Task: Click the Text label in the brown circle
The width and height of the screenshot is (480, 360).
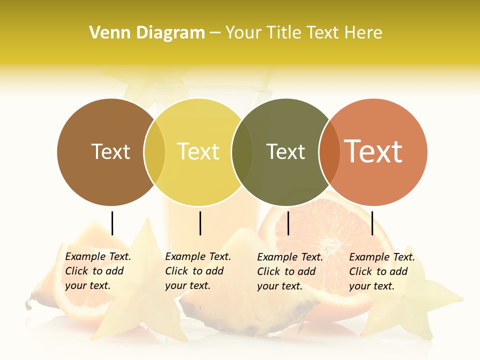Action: click(x=110, y=151)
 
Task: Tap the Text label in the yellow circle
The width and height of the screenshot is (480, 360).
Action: click(x=198, y=151)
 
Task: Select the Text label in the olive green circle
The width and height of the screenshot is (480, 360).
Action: click(x=285, y=151)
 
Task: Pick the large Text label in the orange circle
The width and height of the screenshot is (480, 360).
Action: click(x=373, y=151)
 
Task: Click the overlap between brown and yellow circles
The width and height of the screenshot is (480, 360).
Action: click(x=154, y=152)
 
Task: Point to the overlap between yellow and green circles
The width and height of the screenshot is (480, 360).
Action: click(x=242, y=152)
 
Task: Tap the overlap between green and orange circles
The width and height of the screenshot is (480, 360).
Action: click(x=329, y=152)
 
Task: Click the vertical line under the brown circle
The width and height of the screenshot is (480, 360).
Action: click(x=112, y=223)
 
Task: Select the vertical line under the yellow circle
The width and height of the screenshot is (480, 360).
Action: click(x=200, y=223)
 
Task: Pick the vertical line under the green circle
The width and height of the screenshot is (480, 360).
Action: click(x=288, y=223)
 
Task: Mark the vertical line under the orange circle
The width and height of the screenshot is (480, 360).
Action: click(x=372, y=223)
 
